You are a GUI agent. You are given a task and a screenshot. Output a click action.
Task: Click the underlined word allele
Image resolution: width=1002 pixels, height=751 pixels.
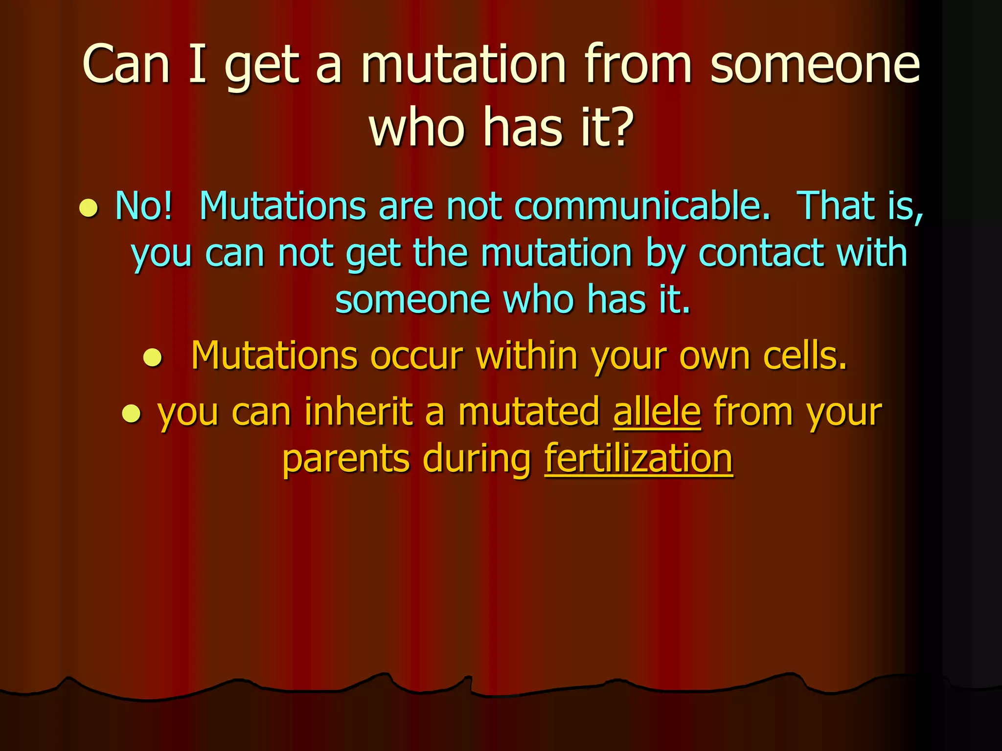[657, 412]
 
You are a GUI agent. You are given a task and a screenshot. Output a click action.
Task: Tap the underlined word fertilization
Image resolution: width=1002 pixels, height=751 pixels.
[638, 459]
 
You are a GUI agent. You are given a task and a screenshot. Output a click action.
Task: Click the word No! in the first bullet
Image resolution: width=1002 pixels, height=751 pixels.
[144, 206]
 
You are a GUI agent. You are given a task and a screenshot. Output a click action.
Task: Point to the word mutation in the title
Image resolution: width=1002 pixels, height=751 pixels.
[463, 64]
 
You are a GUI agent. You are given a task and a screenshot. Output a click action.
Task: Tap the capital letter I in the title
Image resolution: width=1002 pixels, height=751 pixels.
[198, 64]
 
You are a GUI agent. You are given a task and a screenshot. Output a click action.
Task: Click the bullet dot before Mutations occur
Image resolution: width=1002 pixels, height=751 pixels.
[152, 357]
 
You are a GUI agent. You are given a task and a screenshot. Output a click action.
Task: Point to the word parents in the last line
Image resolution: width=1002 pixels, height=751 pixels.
[346, 459]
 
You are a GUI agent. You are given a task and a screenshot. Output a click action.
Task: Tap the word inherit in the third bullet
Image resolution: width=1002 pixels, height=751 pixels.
[359, 412]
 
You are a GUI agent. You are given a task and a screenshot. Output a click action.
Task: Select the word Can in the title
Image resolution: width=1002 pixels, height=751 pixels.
[126, 64]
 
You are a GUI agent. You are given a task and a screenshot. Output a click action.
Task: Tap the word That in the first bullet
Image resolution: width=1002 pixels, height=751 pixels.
[838, 206]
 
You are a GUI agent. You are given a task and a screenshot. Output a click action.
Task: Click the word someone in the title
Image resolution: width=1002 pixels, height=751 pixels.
[815, 64]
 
